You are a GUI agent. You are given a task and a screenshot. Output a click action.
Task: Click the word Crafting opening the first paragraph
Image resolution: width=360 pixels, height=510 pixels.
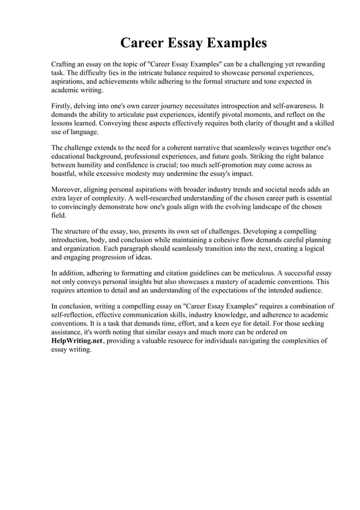(x=64, y=65)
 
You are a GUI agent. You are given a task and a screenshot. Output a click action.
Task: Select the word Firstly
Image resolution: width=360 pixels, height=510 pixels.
(x=63, y=106)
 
